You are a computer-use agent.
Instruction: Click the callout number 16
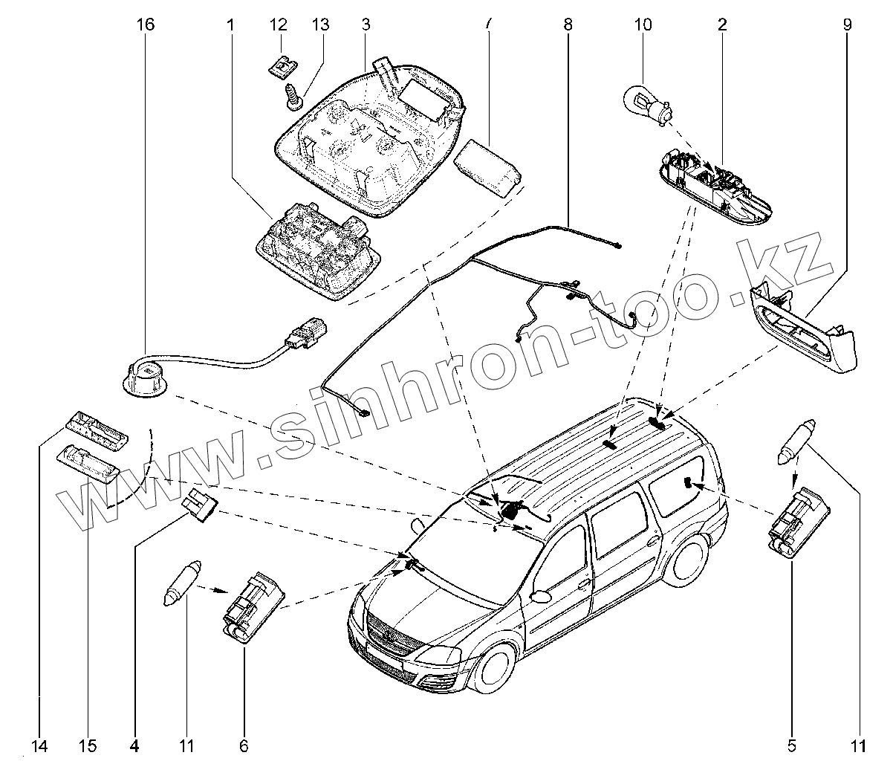[x=145, y=25]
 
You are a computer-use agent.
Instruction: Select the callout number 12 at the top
[x=278, y=25]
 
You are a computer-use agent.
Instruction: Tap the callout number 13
[x=319, y=25]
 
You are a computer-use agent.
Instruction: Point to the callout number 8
[x=568, y=25]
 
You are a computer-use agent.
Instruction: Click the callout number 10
[x=643, y=25]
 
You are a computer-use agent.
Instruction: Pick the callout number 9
[x=848, y=25]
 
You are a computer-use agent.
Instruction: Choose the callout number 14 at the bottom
[x=39, y=745]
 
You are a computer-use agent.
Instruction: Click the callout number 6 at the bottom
[x=244, y=745]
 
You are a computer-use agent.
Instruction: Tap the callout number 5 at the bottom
[x=793, y=745]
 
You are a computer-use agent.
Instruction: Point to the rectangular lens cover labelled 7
[x=487, y=167]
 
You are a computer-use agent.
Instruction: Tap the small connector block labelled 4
[x=201, y=507]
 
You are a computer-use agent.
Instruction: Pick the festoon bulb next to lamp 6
[x=181, y=586]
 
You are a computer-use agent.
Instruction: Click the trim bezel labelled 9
[x=802, y=332]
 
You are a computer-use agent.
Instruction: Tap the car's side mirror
[x=542, y=595]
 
